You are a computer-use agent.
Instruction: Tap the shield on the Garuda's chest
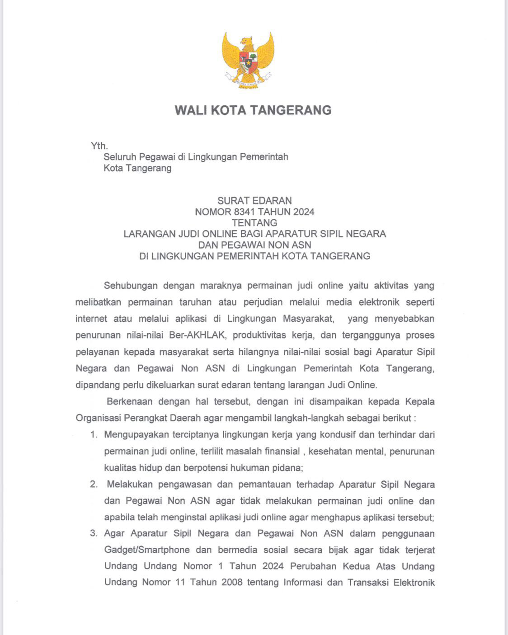(248, 61)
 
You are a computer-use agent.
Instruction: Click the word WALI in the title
(192, 110)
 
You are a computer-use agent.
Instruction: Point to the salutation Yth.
(99, 146)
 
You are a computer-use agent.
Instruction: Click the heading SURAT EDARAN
(254, 200)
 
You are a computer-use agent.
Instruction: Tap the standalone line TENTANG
(254, 222)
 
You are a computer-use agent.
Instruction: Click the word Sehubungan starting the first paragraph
(131, 285)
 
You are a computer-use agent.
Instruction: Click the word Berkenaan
(129, 401)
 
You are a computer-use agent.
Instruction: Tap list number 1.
(94, 435)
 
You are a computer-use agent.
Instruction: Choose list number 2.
(94, 484)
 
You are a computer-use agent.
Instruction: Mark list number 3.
(94, 533)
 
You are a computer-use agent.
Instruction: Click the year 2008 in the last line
(232, 582)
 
